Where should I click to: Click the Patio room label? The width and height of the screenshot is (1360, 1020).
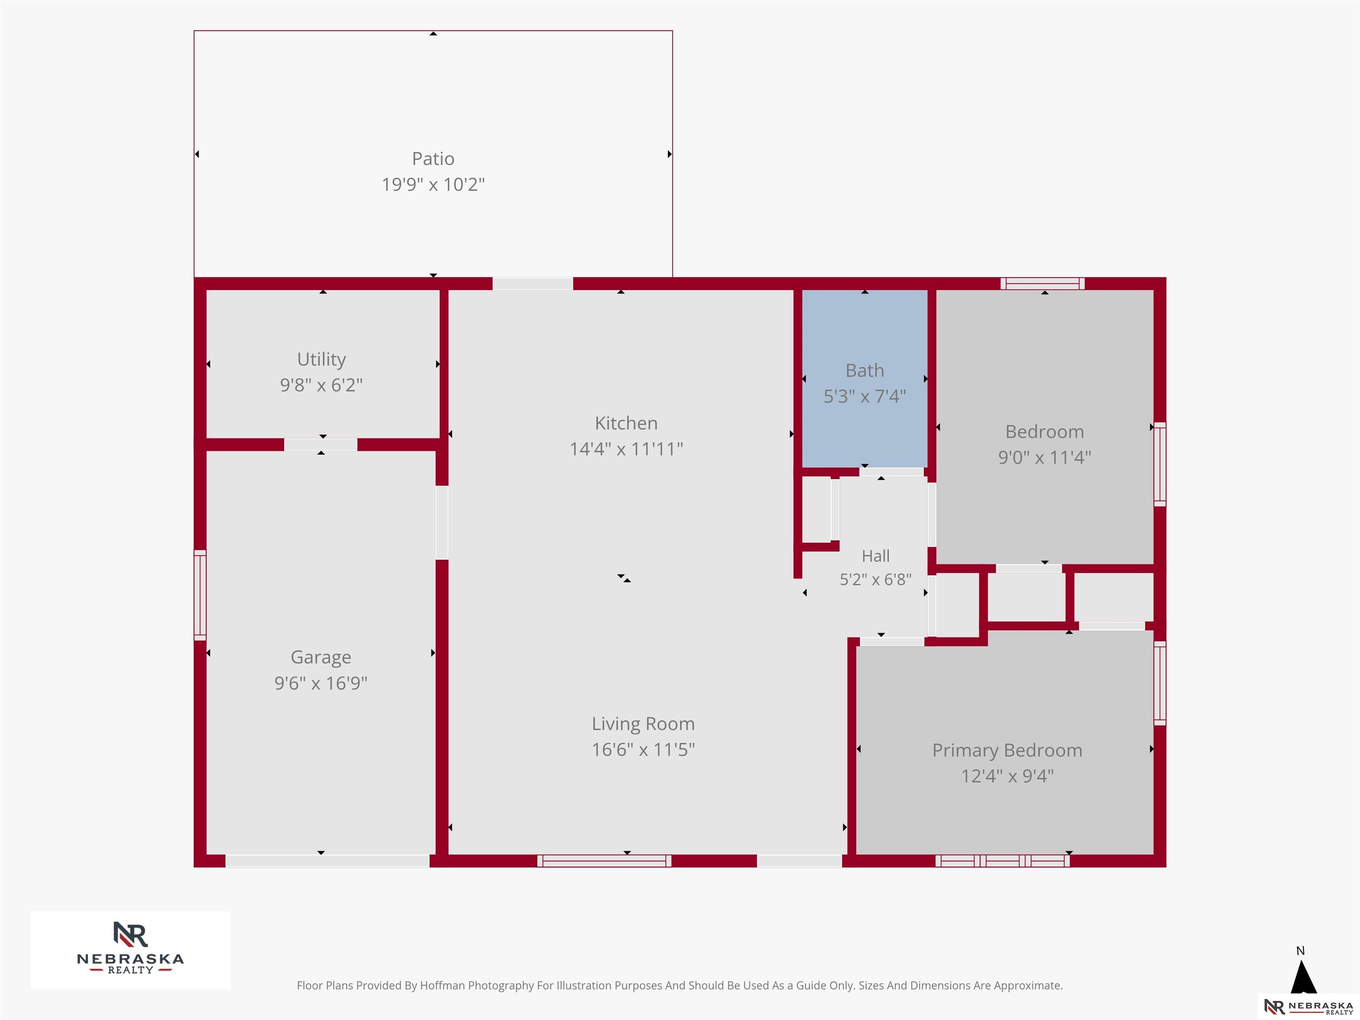coord(433,158)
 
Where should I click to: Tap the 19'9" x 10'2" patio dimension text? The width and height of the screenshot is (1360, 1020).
coord(433,185)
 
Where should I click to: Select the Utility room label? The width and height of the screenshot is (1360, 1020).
coord(321,359)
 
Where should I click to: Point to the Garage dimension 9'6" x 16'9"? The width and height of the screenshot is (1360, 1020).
coord(321,683)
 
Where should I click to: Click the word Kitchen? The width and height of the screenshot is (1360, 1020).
coord(626,423)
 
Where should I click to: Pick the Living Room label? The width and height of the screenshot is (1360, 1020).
coord(643,724)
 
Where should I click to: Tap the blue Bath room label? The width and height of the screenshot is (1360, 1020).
coord(865,371)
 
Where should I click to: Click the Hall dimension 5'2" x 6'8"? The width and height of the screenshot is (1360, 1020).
coord(876,579)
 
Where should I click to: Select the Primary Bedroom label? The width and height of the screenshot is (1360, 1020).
coord(1007,751)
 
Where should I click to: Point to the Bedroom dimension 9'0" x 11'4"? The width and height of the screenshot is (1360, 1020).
coord(1045,457)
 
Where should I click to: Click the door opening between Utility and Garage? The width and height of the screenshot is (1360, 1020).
coord(321,444)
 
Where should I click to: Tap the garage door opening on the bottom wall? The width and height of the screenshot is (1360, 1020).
coord(327,861)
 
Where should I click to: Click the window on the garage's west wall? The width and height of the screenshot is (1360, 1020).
coord(200,595)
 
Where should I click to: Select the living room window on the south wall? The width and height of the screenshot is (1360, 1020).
coord(604,861)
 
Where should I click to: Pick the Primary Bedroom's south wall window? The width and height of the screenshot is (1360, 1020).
coord(1003,861)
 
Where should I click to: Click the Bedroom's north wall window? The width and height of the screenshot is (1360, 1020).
coord(1042,283)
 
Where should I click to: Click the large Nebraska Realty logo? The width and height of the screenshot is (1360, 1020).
coord(130,950)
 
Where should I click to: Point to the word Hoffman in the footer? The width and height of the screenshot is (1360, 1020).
coord(443,985)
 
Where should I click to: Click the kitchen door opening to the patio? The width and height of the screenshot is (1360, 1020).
coord(533,283)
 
